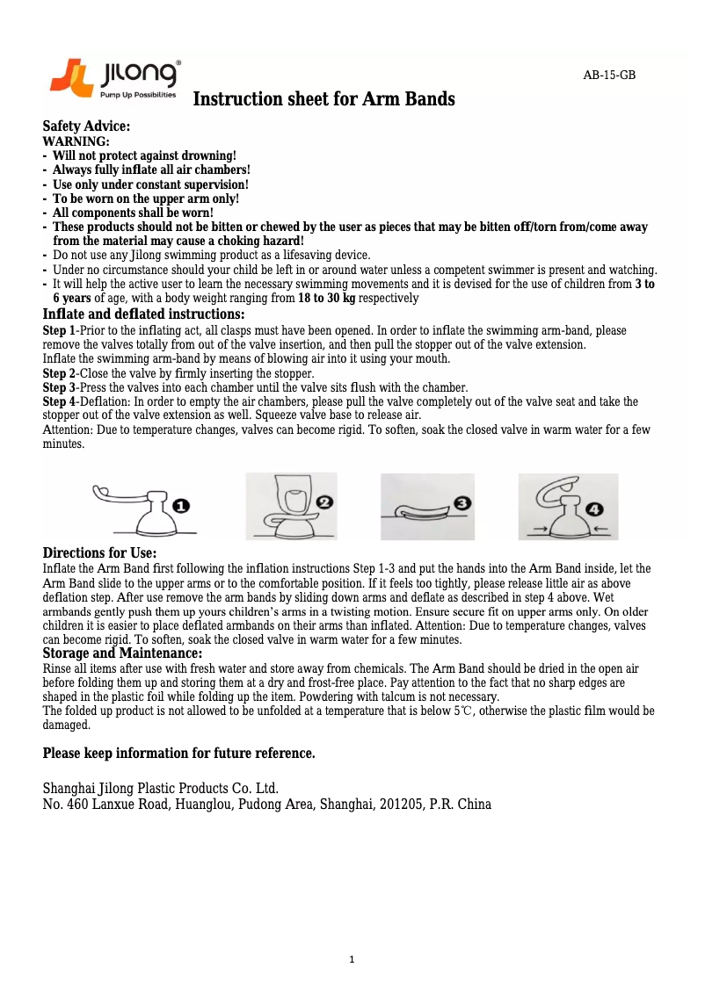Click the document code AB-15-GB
click(x=609, y=76)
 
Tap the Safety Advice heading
click(x=86, y=127)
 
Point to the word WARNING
click(x=76, y=141)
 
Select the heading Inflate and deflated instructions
click(x=143, y=314)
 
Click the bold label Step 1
click(x=59, y=331)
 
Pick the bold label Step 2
click(x=59, y=372)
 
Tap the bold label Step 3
click(x=59, y=387)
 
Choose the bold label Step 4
click(x=59, y=401)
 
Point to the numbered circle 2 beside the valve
click(x=324, y=502)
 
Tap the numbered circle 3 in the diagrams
click(x=462, y=504)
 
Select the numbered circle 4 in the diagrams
click(x=596, y=509)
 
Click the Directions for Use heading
click(x=99, y=553)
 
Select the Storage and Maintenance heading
click(x=122, y=653)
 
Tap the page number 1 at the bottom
click(x=352, y=960)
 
